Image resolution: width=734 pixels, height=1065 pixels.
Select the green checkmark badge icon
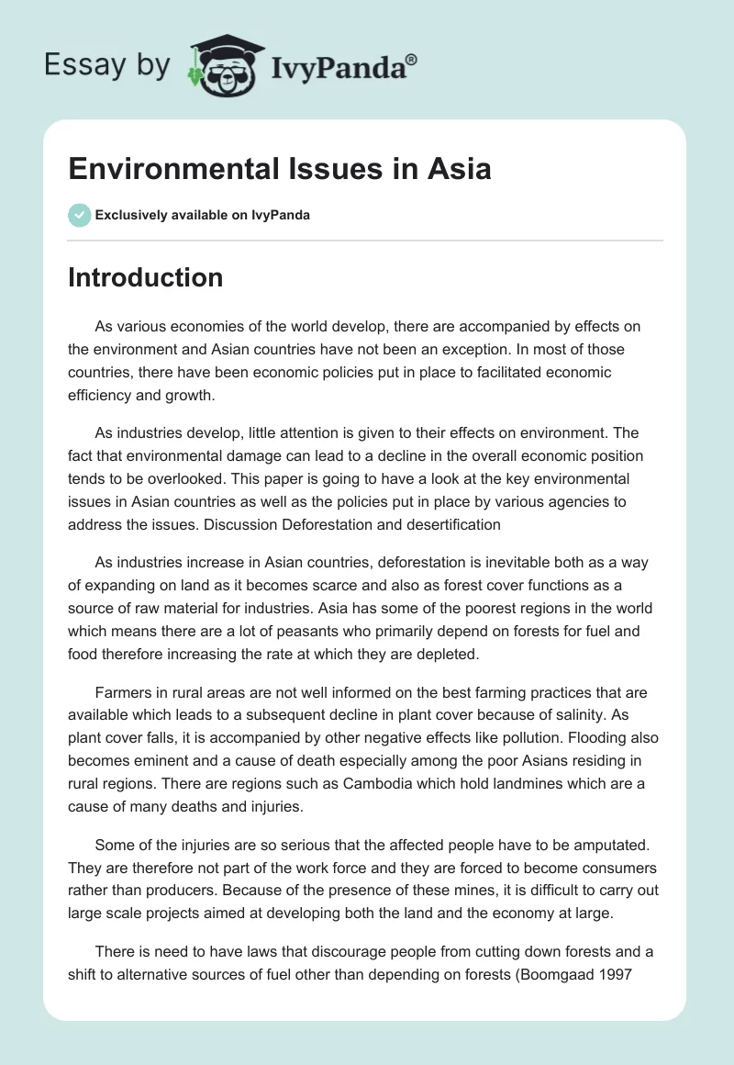coord(79,215)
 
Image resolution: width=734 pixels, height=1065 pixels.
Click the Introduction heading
coord(145,277)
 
